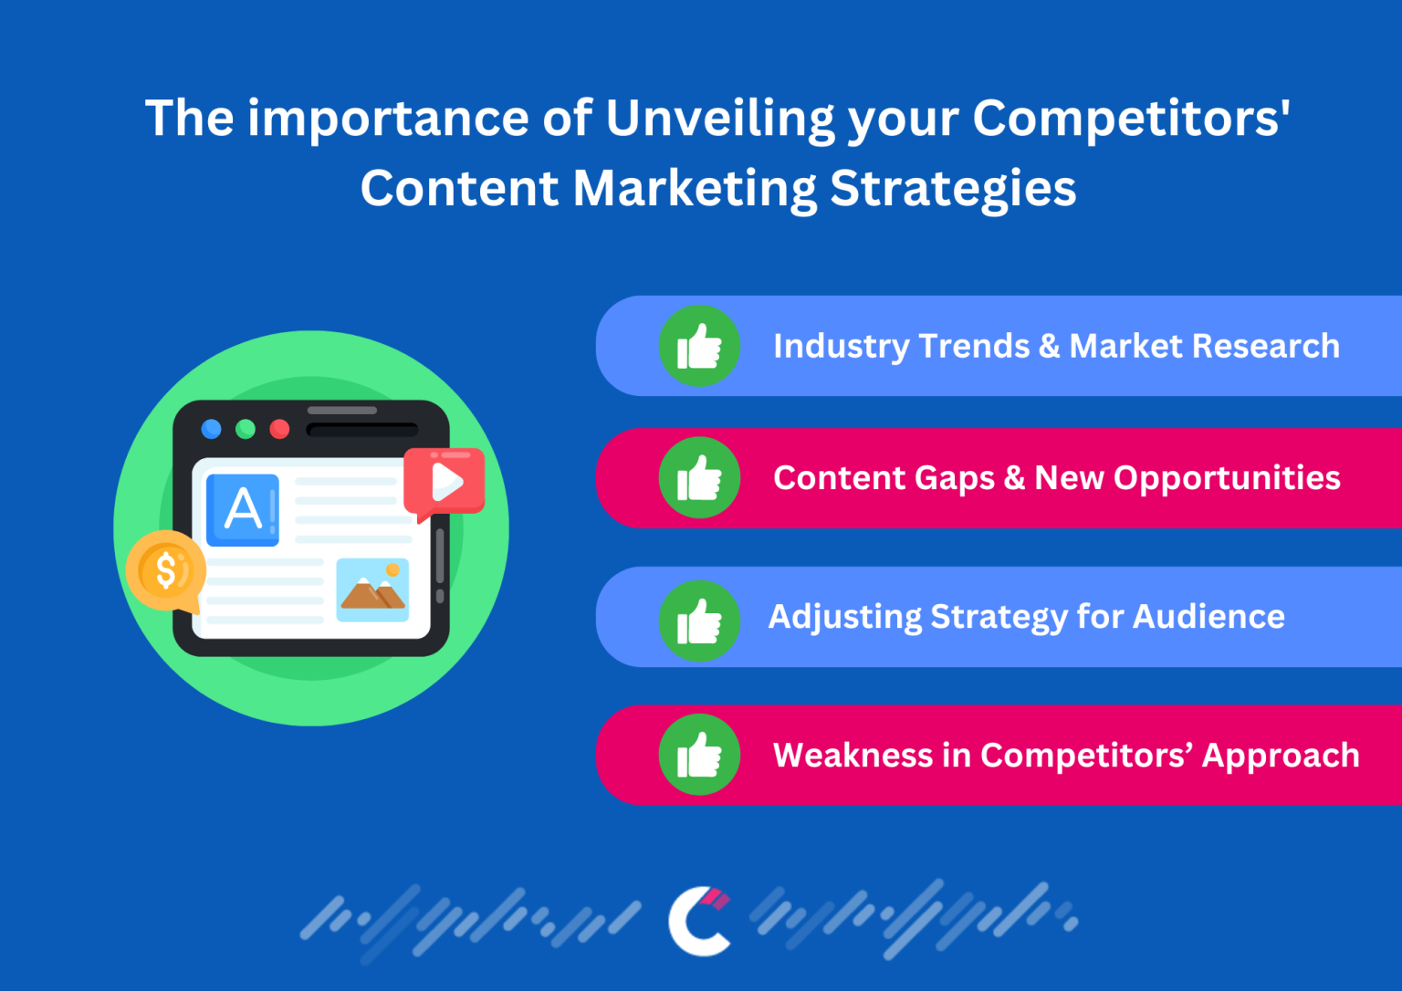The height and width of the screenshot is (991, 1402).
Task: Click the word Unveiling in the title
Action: pyautogui.click(x=720, y=120)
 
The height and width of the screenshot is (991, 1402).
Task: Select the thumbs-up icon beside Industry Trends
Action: pyautogui.click(x=699, y=346)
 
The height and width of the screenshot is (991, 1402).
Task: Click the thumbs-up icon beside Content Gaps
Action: pyautogui.click(x=699, y=478)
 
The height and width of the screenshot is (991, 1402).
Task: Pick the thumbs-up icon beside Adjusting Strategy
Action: pyautogui.click(x=699, y=621)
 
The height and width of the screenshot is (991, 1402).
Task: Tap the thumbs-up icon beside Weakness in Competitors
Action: pyautogui.click(x=699, y=755)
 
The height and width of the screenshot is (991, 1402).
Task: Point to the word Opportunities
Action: pyautogui.click(x=1227, y=478)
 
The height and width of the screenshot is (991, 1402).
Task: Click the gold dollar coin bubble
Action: pyautogui.click(x=166, y=571)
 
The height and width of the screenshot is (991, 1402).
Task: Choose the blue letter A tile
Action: pyautogui.click(x=243, y=509)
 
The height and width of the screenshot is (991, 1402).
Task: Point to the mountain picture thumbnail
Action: pyautogui.click(x=372, y=590)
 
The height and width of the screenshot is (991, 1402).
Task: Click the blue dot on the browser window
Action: pyautogui.click(x=211, y=429)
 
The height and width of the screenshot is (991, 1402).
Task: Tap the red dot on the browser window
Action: pyautogui.click(x=280, y=429)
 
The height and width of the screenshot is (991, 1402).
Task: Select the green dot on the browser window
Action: pyautogui.click(x=246, y=429)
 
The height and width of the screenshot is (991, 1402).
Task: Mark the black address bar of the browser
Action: pyautogui.click(x=361, y=430)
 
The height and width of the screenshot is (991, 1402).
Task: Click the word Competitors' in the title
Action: pyautogui.click(x=1131, y=120)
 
